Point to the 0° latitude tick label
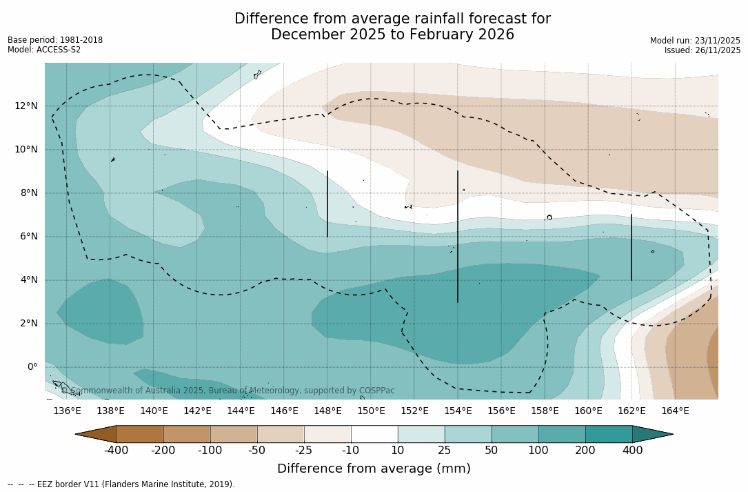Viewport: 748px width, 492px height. pos(32,367)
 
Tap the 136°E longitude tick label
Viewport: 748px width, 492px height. pos(67,411)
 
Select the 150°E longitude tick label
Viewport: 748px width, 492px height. pos(371,411)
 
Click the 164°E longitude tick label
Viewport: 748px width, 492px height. pos(675,411)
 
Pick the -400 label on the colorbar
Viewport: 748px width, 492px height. pos(116,451)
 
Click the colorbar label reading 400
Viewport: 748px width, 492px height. pos(632,451)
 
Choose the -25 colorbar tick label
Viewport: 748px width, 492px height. pos(304,451)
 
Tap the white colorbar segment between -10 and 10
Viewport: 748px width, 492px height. pos(374,434)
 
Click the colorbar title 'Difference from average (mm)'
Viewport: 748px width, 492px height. pos(374,469)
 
